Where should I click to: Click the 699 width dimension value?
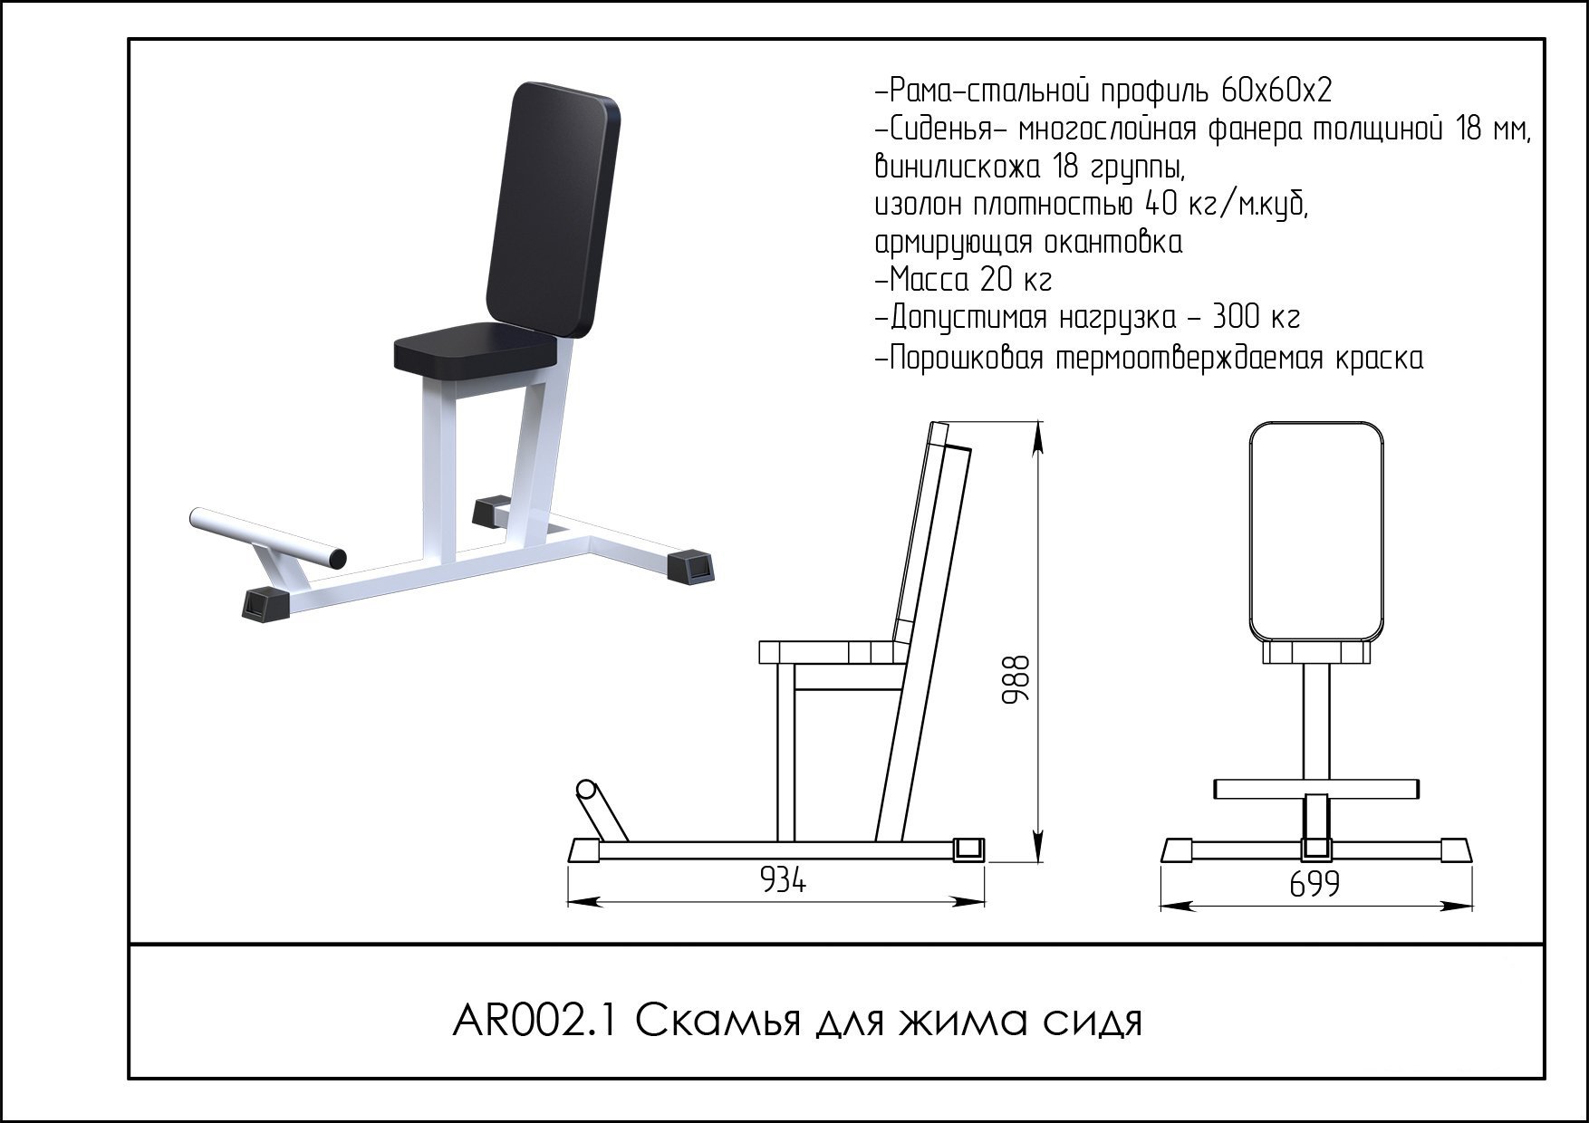(1314, 883)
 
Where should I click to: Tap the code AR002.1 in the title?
(534, 1022)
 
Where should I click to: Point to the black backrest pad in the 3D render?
(553, 208)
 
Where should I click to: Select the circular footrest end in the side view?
(586, 788)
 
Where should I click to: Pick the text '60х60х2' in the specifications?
(1276, 91)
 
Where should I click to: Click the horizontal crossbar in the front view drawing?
(1316, 789)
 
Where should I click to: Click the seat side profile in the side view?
(832, 652)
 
